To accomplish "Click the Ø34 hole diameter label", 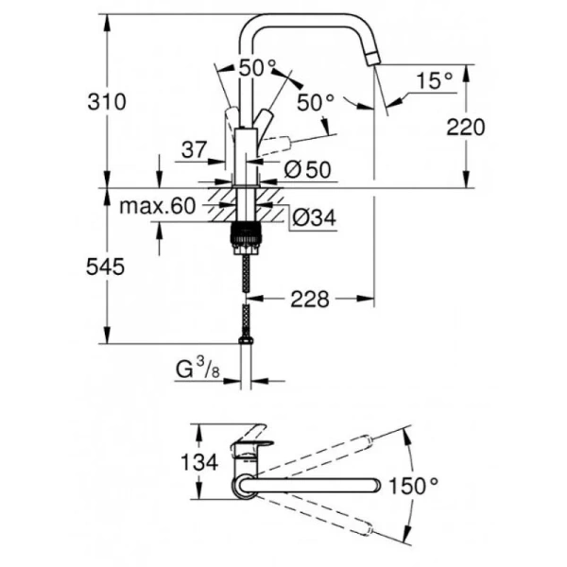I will coord(306,218).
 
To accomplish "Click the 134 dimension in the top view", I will coord(199,463).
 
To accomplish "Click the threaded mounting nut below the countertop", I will coord(246,234).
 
